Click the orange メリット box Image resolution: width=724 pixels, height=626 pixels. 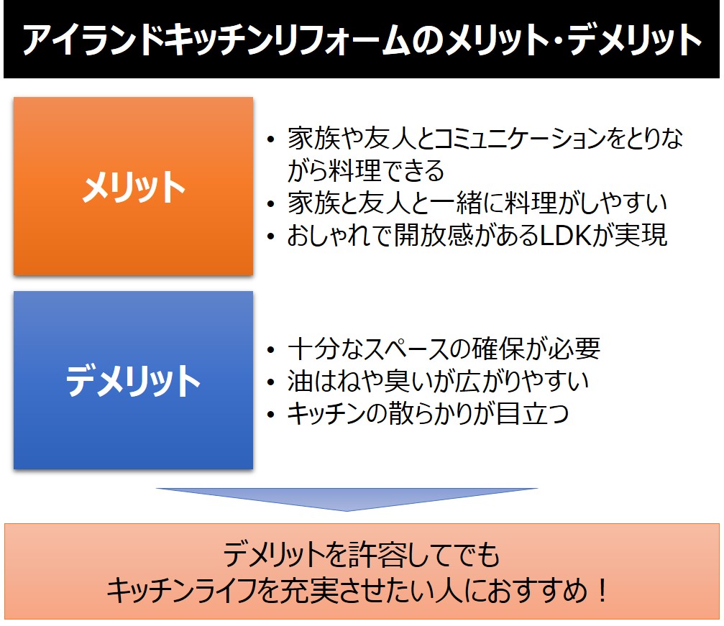click(134, 186)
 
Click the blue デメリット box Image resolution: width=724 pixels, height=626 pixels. click(134, 380)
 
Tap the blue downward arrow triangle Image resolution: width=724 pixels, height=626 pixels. click(347, 499)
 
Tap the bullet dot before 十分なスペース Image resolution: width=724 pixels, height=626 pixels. click(271, 349)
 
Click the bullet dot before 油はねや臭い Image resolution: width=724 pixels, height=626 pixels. click(271, 382)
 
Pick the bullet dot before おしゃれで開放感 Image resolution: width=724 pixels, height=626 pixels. click(271, 236)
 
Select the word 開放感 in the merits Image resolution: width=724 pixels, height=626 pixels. click(434, 235)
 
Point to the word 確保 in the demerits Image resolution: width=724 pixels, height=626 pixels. click(499, 349)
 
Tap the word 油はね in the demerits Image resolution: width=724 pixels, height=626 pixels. click(326, 381)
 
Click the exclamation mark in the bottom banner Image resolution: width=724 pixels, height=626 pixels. click(602, 590)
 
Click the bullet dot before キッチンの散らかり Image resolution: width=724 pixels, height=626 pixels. click(271, 415)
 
